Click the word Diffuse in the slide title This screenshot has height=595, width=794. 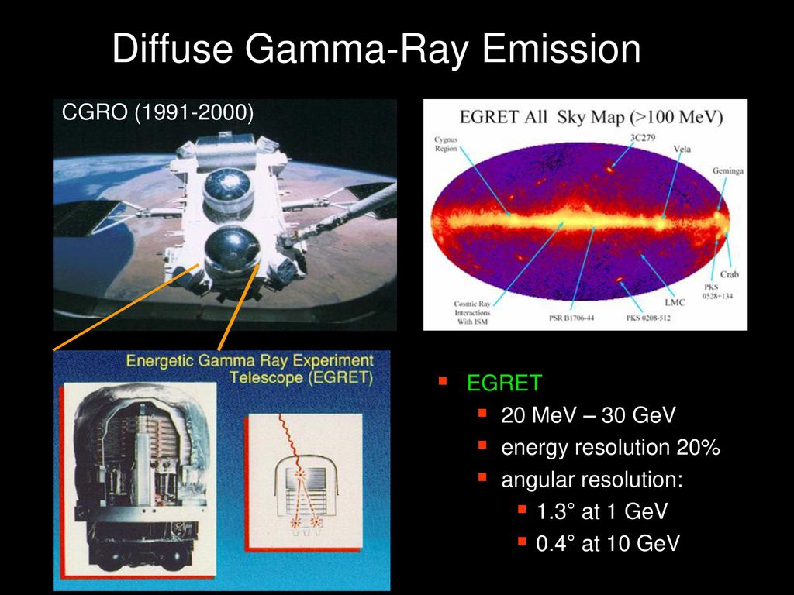[x=173, y=48]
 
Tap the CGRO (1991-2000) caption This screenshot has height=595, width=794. [x=157, y=112]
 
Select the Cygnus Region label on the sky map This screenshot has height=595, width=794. [x=446, y=143]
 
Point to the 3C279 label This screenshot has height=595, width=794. [x=643, y=137]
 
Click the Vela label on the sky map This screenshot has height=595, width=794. [x=682, y=149]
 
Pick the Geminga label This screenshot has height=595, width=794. [x=727, y=170]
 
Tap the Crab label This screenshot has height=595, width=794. [x=729, y=274]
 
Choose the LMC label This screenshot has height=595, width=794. [x=675, y=302]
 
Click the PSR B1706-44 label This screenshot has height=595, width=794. [x=571, y=318]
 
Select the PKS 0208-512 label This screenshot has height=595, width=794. [x=647, y=318]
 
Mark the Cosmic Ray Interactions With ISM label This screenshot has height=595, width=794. [x=472, y=313]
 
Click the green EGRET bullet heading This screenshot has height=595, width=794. [x=504, y=383]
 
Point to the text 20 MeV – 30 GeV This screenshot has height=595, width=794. [x=589, y=415]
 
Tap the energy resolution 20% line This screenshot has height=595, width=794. [x=611, y=448]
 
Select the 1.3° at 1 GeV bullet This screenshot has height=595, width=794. [x=602, y=511]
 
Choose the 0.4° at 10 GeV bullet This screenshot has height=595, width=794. [x=608, y=543]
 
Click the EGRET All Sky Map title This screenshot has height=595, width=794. [x=591, y=117]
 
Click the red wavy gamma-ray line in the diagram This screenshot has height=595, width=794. [x=291, y=442]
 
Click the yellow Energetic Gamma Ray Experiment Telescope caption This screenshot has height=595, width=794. [x=250, y=369]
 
